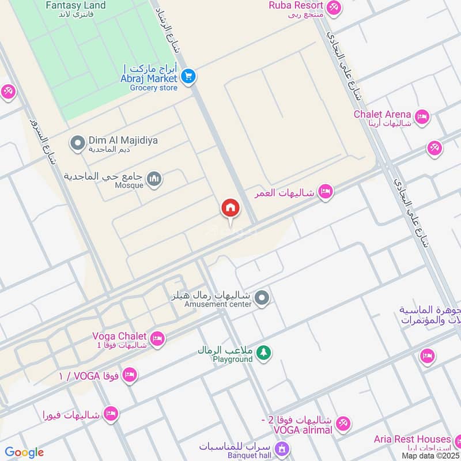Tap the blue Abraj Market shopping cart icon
tap(188, 75)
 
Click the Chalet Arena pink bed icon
tap(422, 117)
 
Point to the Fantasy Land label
tap(75, 6)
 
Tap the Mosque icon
tap(154, 180)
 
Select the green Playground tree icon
tap(263, 352)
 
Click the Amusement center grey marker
tap(262, 298)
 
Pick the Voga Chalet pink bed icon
tap(157, 339)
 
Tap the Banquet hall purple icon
tap(282, 448)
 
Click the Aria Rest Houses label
tap(411, 439)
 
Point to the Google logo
tap(24, 452)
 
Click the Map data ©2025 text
tap(430, 455)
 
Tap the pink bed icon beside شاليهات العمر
tap(326, 192)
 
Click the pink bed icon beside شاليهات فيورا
tap(111, 413)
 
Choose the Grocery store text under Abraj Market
tap(153, 88)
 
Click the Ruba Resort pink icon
tap(332, 8)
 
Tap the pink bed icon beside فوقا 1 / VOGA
tap(130, 375)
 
